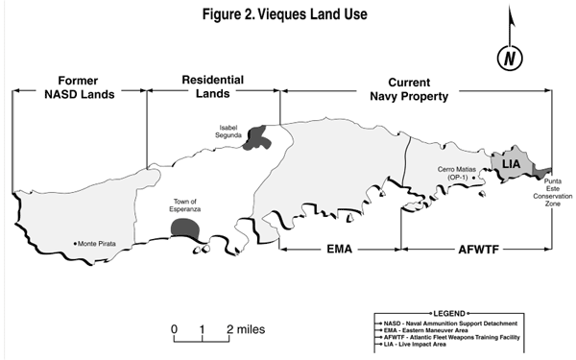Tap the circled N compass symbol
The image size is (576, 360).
point(509,58)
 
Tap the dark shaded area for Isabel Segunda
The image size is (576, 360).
point(257,137)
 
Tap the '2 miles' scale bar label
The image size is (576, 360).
point(246,329)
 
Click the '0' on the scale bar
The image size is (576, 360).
point(175,329)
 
